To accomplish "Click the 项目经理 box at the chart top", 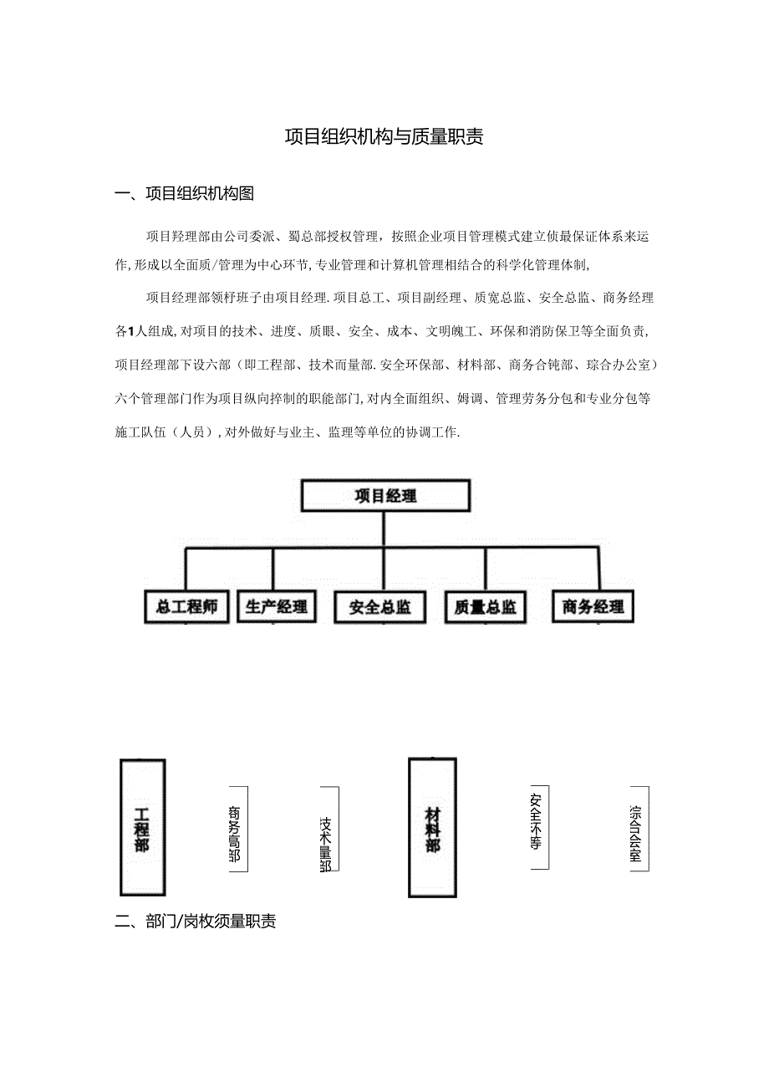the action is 384,496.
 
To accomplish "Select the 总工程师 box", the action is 186,607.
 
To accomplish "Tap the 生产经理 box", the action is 277,606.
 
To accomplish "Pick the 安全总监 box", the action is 380,608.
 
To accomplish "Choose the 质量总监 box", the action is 485,608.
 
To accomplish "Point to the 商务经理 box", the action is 593,607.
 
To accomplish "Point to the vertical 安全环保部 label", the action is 537,828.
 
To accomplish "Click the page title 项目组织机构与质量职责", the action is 384,137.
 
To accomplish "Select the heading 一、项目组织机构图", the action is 184,194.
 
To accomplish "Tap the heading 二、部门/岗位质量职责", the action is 195,922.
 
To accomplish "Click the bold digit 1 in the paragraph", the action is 130,331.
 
